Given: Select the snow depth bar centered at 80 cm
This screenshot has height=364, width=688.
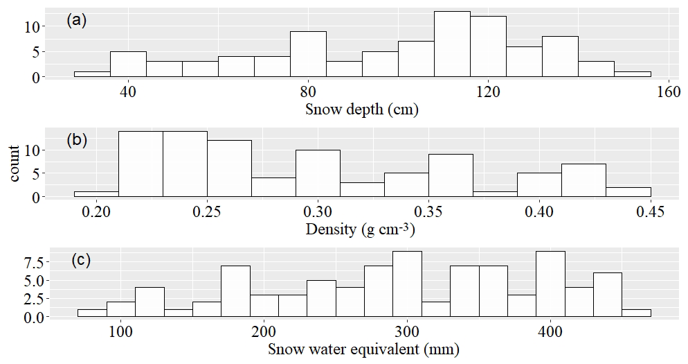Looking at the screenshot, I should pyautogui.click(x=308, y=55).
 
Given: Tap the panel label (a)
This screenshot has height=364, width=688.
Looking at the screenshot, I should pyautogui.click(x=76, y=20).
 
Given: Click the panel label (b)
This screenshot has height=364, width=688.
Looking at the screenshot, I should pyautogui.click(x=76, y=140).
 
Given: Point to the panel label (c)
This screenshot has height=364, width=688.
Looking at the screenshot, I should pyautogui.click(x=81, y=261).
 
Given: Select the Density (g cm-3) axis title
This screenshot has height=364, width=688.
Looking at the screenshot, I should pyautogui.click(x=361, y=229).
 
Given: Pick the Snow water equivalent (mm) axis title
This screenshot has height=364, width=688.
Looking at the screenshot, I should pyautogui.click(x=363, y=349).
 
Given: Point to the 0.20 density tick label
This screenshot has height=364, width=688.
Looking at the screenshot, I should pyautogui.click(x=97, y=211).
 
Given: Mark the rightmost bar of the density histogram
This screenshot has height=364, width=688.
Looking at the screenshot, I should pyautogui.click(x=628, y=193).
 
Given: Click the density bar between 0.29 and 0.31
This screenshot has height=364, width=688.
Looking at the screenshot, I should pyautogui.click(x=318, y=173).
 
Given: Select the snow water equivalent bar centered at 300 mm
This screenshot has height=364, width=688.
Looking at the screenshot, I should pyautogui.click(x=407, y=284).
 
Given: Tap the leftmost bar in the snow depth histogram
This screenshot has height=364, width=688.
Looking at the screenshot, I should pyautogui.click(x=92, y=74).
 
